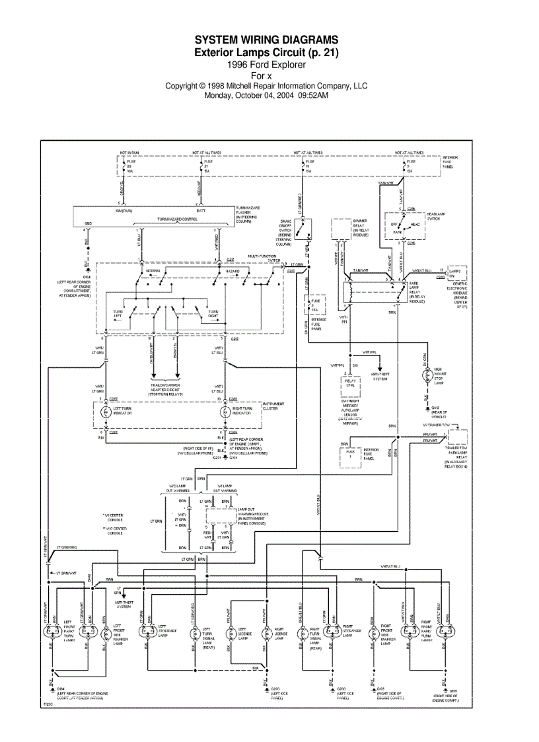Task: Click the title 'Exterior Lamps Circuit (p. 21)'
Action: [266, 52]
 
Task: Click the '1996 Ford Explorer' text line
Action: [266, 65]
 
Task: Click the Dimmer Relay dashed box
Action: [341, 230]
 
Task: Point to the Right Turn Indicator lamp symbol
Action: [223, 411]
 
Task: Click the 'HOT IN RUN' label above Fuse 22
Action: [129, 153]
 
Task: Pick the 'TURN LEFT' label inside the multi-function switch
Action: [118, 314]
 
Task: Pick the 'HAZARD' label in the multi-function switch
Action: [233, 272]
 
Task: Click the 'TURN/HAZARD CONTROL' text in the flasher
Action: [176, 219]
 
